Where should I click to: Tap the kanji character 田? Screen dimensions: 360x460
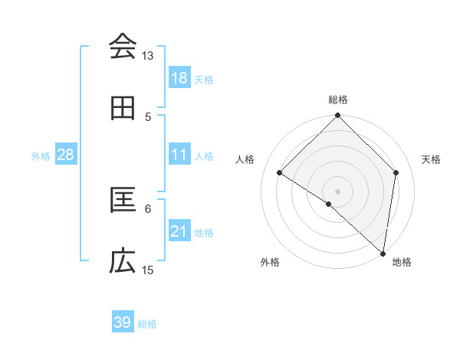(x=123, y=108)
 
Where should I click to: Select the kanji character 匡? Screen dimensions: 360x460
(x=123, y=200)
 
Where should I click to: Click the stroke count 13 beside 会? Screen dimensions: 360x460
(x=147, y=56)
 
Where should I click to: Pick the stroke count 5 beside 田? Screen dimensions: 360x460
(x=148, y=117)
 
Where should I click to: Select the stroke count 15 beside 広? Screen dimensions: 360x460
(x=148, y=270)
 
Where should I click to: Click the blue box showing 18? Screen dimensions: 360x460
(x=179, y=78)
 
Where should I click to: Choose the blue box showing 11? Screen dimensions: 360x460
(x=179, y=155)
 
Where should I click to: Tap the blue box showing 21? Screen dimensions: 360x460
(x=179, y=231)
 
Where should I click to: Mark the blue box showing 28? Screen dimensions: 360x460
(x=66, y=155)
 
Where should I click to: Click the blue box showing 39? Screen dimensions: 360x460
(x=123, y=322)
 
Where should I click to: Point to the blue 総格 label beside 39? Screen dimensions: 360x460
(x=147, y=324)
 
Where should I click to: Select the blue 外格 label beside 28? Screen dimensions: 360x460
(x=41, y=156)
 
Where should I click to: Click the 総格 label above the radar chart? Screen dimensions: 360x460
(x=337, y=100)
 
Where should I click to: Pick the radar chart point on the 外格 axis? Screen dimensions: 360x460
(x=329, y=204)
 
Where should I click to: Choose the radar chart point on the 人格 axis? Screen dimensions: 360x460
(x=280, y=173)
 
